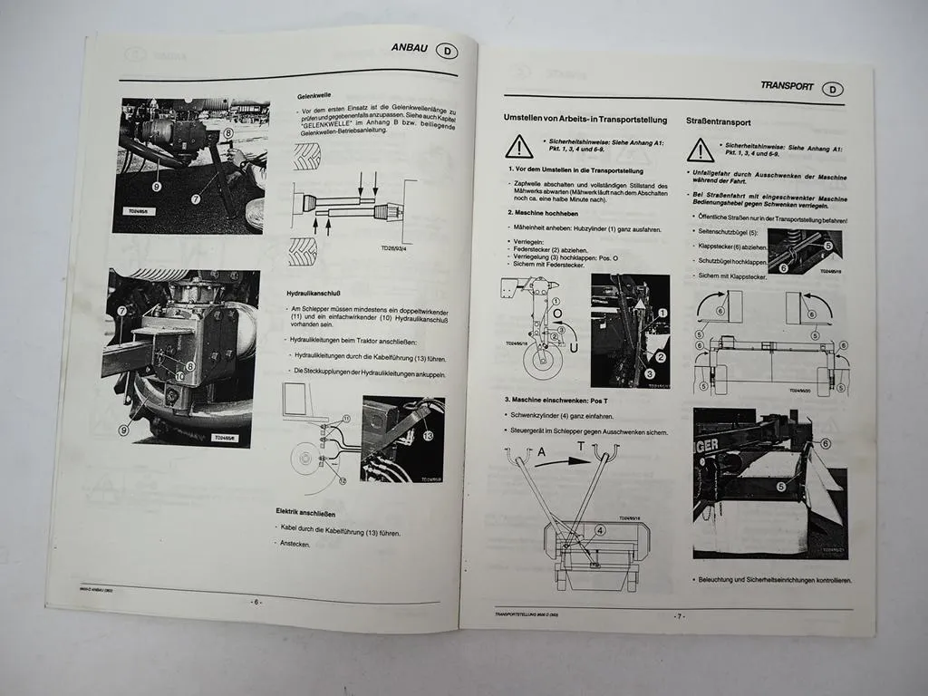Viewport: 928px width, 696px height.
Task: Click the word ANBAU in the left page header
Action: click(410, 48)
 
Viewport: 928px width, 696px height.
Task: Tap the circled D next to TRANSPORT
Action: click(834, 89)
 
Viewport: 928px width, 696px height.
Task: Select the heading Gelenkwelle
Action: click(314, 95)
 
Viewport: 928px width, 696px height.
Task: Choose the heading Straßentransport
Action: click(719, 121)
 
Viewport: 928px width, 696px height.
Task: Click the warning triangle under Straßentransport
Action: click(700, 150)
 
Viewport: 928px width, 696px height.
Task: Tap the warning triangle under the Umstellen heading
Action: click(518, 147)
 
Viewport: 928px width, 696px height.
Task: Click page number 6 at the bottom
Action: click(256, 602)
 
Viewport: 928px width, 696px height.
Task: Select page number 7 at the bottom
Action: click(677, 616)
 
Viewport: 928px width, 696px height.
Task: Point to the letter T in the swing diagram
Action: click(581, 447)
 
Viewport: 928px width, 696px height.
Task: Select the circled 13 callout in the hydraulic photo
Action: click(426, 436)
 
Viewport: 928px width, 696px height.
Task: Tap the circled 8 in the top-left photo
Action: click(228, 133)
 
